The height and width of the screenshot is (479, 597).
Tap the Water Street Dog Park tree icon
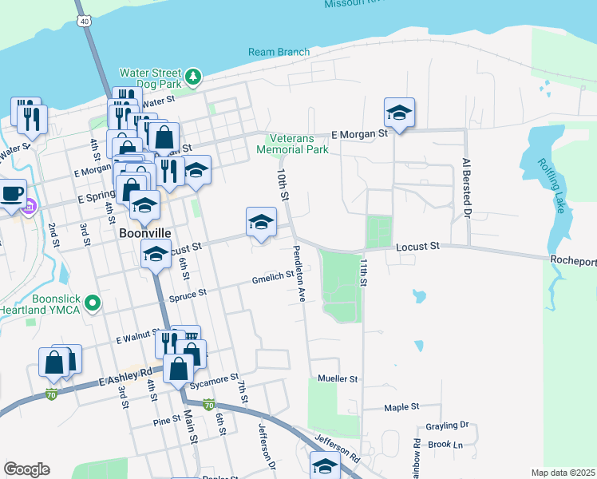pos(193,77)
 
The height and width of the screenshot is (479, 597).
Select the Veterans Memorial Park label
pos(292,144)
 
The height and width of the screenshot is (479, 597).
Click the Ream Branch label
pos(279,52)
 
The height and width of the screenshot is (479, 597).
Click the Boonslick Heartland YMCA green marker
pos(93,303)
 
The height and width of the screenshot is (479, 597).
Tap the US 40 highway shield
pos(82,22)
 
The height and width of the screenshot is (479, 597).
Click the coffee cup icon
pos(11,193)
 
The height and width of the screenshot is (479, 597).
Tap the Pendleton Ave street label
pos(298,273)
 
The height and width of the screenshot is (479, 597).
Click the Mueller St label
pos(338,378)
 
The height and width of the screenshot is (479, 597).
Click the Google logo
pos(26,469)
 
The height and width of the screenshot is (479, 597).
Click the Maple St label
pos(401,407)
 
